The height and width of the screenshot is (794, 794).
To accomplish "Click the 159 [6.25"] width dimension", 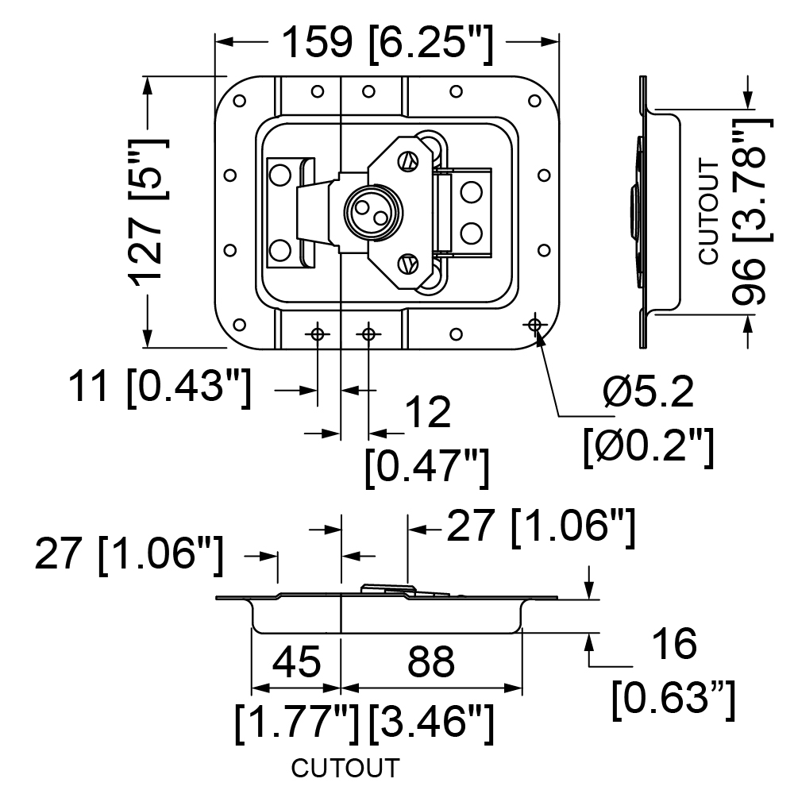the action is pyautogui.click(x=387, y=44).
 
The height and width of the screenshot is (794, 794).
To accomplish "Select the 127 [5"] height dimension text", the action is pyautogui.click(x=148, y=212).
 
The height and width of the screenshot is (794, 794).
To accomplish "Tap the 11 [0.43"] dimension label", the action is pyautogui.click(x=160, y=388).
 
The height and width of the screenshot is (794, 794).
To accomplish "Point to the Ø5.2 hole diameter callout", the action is pyautogui.click(x=648, y=392).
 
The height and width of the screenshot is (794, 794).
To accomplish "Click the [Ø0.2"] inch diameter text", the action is pyautogui.click(x=649, y=446).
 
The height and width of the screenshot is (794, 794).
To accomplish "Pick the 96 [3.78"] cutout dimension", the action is pyautogui.click(x=752, y=212).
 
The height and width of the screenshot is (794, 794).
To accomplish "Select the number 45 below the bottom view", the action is pyautogui.click(x=297, y=661).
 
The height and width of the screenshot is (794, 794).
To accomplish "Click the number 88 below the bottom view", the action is pyautogui.click(x=431, y=661).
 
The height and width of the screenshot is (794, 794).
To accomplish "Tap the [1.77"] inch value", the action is pyautogui.click(x=297, y=723).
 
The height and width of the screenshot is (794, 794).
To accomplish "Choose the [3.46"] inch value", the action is pyautogui.click(x=431, y=723).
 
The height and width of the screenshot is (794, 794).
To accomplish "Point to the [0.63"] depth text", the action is pyautogui.click(x=673, y=700).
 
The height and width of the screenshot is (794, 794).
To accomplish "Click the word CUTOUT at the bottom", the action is pyautogui.click(x=345, y=768).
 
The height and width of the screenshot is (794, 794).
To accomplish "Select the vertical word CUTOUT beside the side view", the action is pyautogui.click(x=709, y=212).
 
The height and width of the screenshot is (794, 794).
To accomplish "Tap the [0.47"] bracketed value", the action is pyautogui.click(x=427, y=468).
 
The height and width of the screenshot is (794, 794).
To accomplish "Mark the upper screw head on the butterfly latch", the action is pyautogui.click(x=407, y=161).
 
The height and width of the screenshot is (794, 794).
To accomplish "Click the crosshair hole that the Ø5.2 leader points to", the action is pyautogui.click(x=534, y=324).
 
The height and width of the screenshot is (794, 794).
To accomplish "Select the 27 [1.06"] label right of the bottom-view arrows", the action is pyautogui.click(x=540, y=528).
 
